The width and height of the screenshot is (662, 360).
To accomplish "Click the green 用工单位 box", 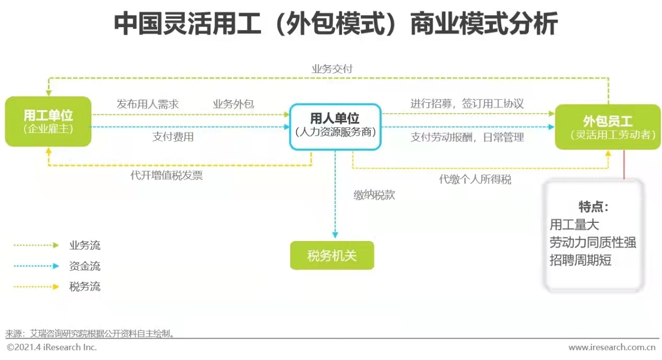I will pos(48,121).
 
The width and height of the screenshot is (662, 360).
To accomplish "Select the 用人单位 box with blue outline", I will pos(335,126).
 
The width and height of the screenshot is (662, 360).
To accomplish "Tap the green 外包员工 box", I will pos(608,127).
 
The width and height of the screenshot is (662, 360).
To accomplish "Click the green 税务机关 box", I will pos(332,256).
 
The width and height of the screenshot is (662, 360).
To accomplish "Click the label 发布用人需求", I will pos(147,104).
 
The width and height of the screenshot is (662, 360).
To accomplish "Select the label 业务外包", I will pos(233,104).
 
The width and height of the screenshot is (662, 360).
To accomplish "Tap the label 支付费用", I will pos(173,137).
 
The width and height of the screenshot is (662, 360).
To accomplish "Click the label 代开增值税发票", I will pos(167,176).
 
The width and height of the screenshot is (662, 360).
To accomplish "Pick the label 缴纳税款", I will pos(374,196).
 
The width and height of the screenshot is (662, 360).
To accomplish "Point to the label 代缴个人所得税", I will pos(475,179).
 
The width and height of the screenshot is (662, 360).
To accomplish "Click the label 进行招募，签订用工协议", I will pos(467,104).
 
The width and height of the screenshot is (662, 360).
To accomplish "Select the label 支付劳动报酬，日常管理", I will pos(467,137).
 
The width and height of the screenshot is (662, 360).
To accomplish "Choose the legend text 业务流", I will pos(85,245).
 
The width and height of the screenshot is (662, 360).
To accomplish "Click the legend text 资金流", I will pos(85,266).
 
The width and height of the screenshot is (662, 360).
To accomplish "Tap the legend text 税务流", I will pos(85,286).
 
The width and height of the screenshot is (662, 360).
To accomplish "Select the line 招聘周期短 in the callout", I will pos(580,260).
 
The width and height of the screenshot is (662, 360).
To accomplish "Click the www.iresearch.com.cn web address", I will pos(611,347).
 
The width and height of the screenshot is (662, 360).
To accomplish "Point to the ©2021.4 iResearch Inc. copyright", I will pos(52,347).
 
